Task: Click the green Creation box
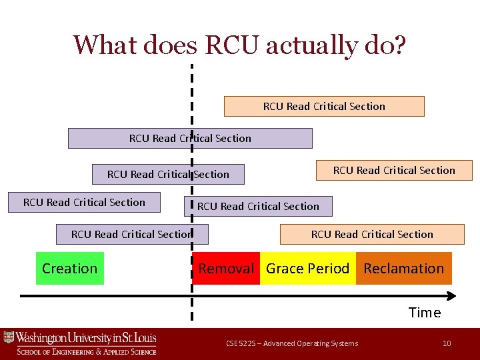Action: [69, 268]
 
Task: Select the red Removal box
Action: [226, 268]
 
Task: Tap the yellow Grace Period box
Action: [307, 268]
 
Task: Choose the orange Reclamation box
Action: [403, 268]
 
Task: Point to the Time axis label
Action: [425, 313]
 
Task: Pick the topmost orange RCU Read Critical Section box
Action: [324, 107]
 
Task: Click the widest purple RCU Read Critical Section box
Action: [190, 138]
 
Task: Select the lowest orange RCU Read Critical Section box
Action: [372, 234]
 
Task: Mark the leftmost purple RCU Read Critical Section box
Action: [84, 202]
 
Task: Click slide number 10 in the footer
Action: [447, 343]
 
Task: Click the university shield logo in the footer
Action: [9, 338]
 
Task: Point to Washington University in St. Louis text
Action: [87, 338]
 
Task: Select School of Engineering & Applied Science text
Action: [87, 351]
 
